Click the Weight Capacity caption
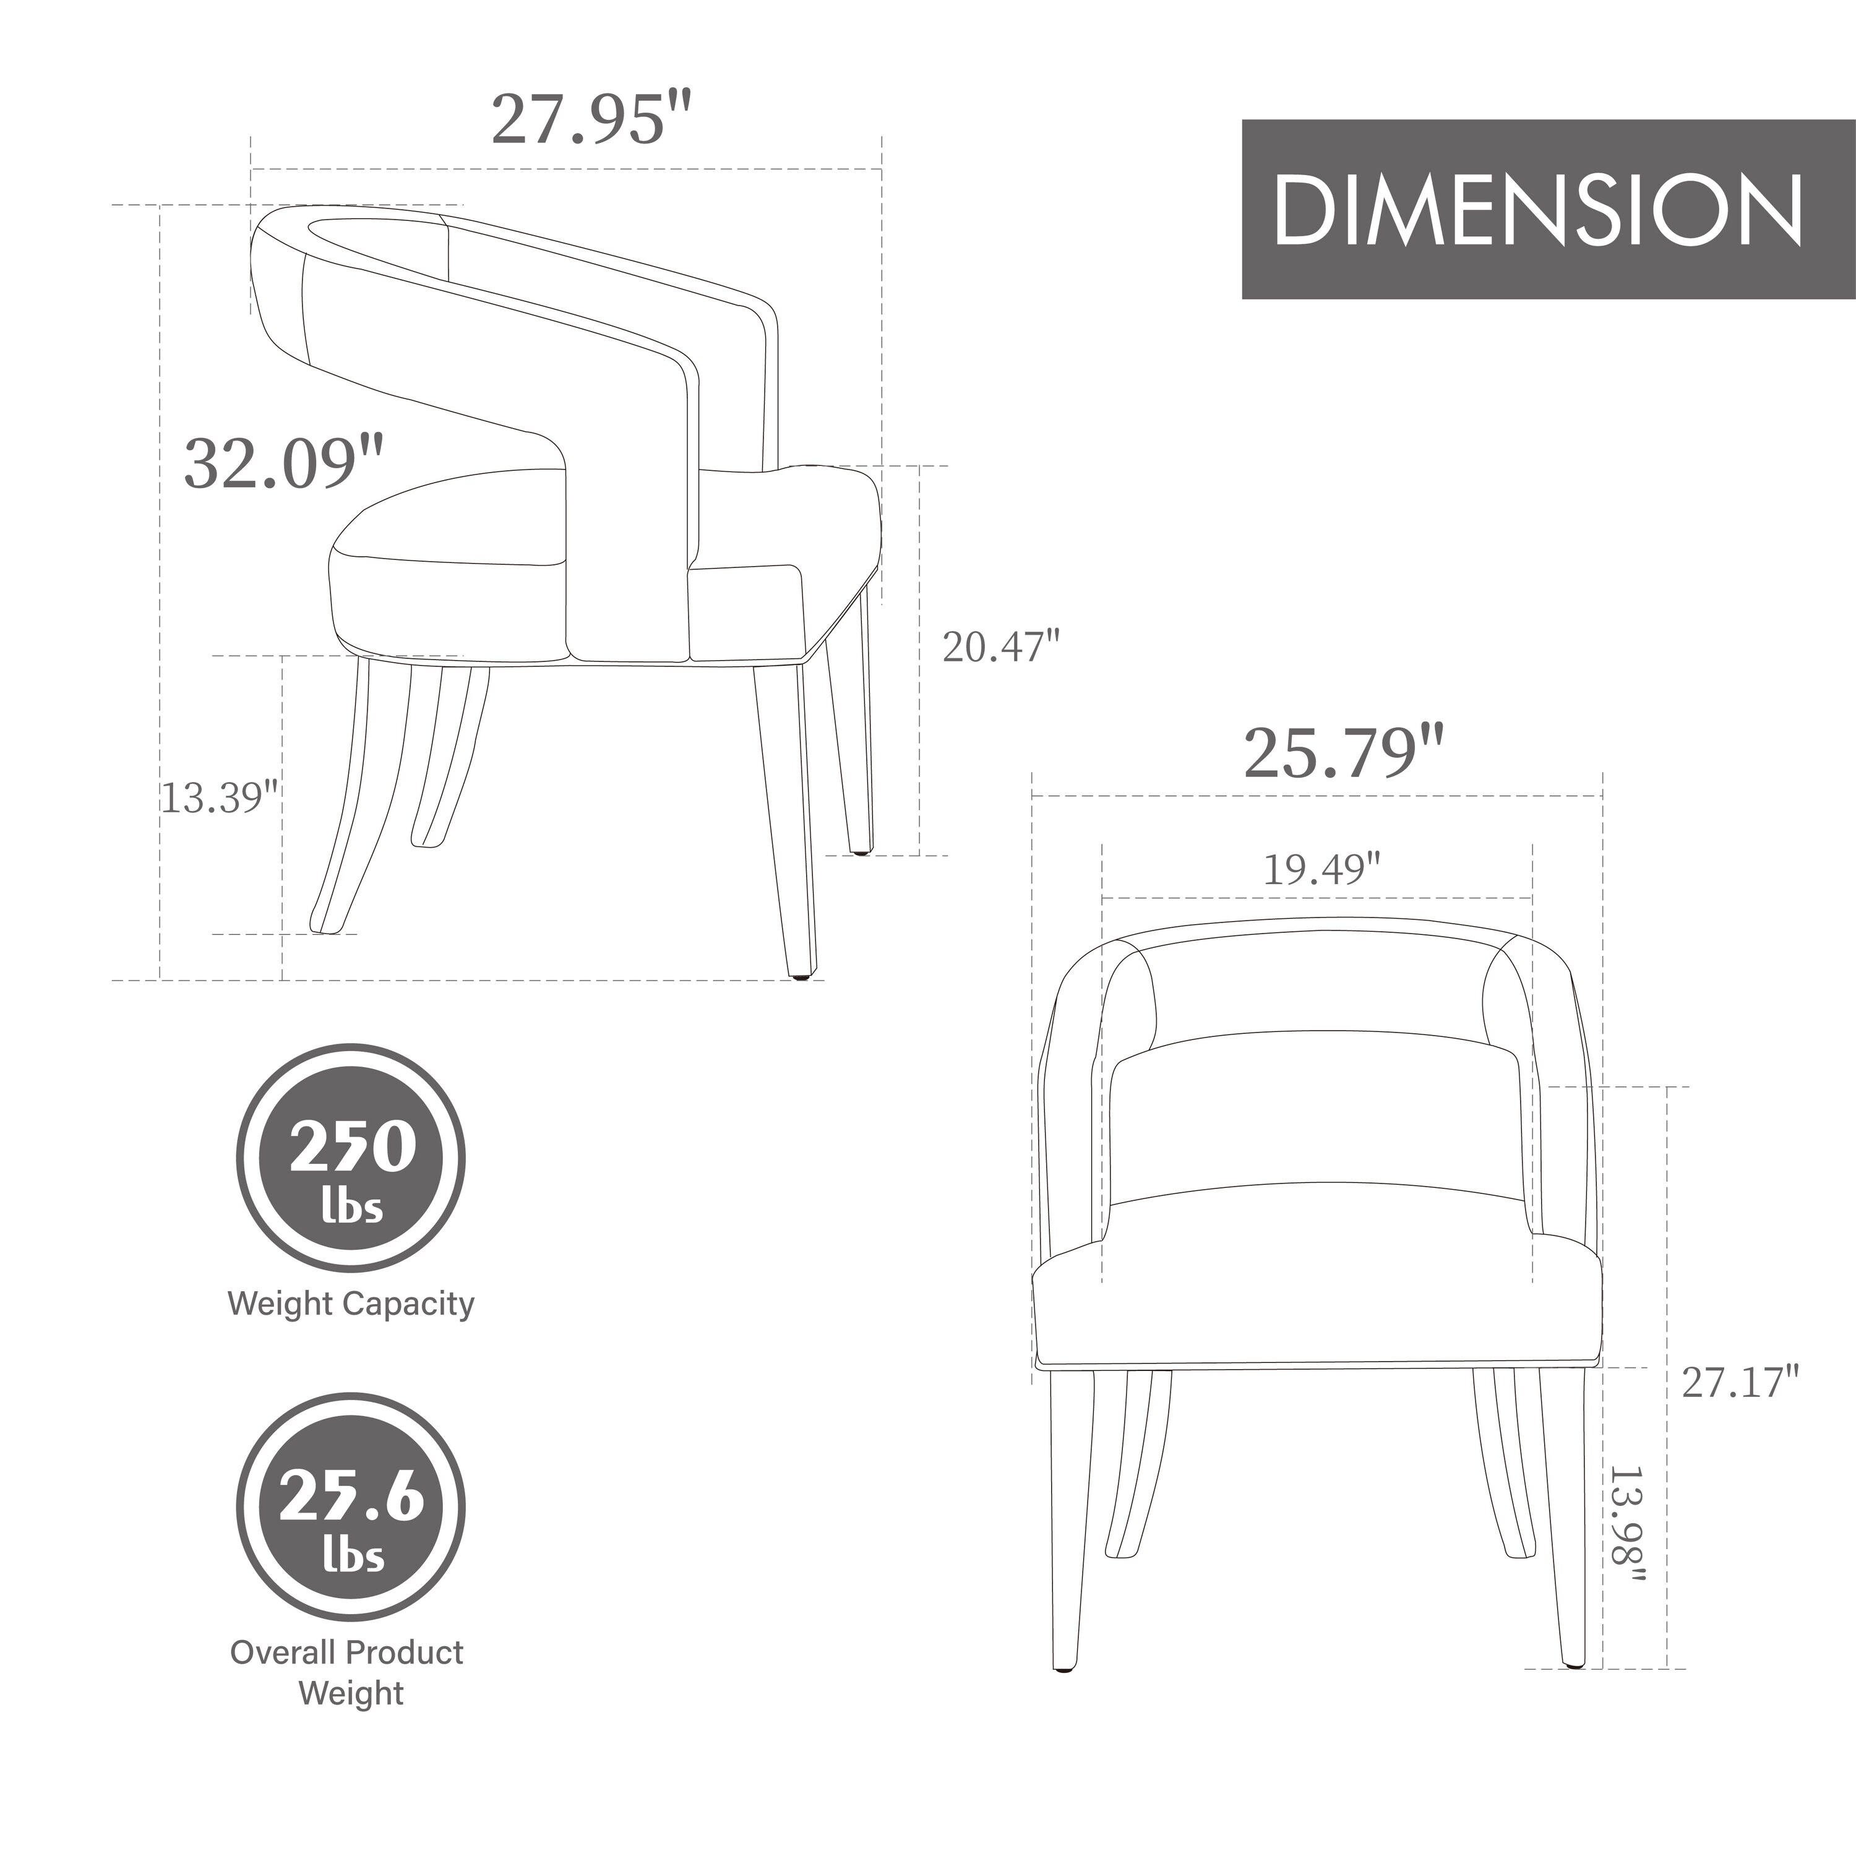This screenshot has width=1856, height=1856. point(351,1304)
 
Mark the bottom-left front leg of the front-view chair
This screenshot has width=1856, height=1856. point(1068,1518)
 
